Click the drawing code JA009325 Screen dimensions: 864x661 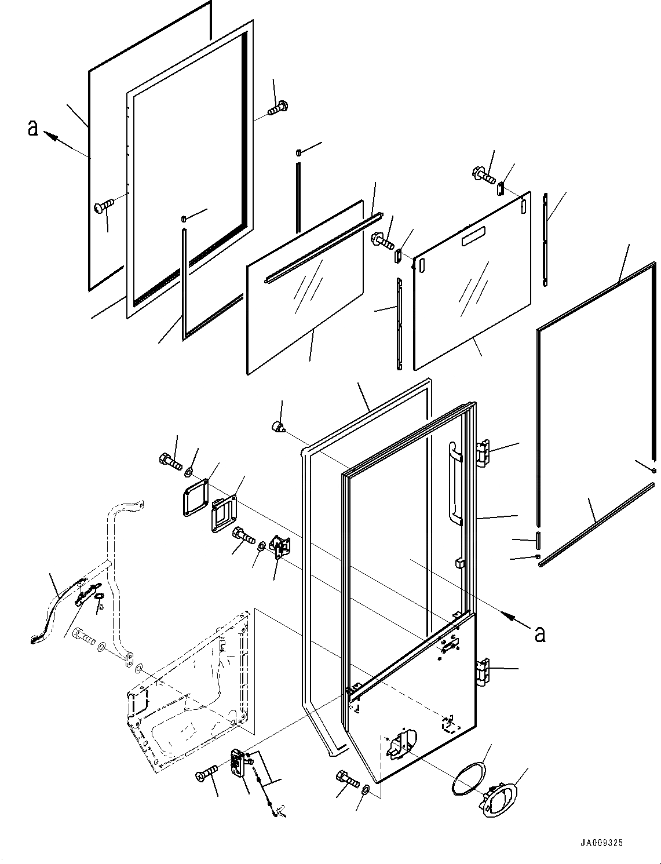(x=601, y=843)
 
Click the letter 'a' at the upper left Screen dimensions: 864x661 (x=33, y=127)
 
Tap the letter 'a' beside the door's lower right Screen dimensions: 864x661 (x=540, y=634)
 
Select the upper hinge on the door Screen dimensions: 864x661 (x=483, y=453)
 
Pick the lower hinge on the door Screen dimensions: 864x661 (x=483, y=672)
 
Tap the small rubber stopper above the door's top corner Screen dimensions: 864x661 (x=279, y=428)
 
